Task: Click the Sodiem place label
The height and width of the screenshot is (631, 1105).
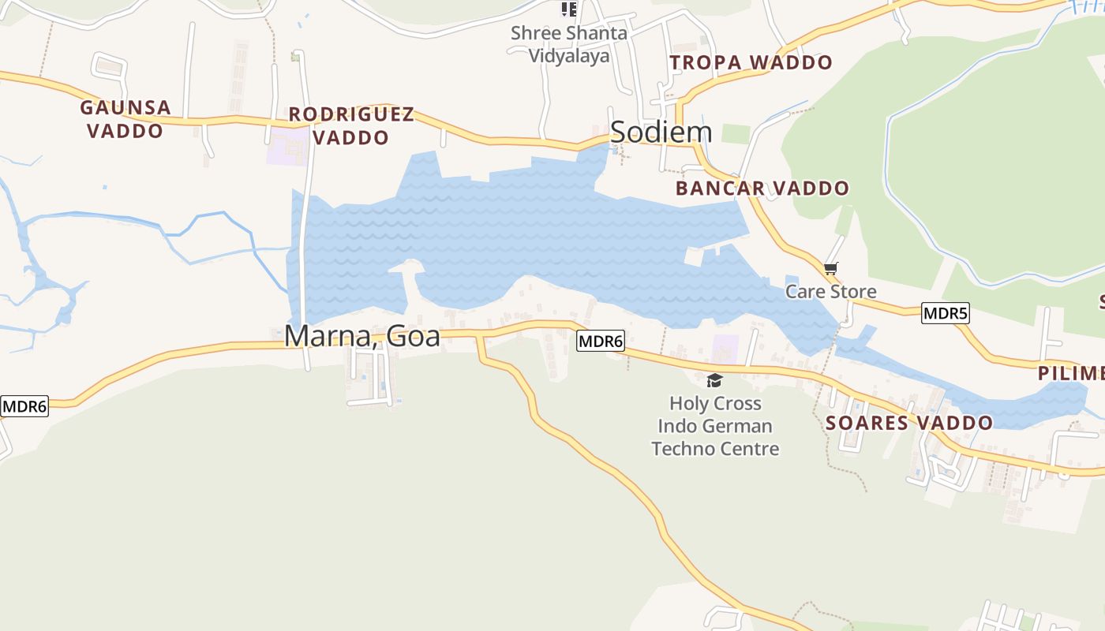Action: pos(661,132)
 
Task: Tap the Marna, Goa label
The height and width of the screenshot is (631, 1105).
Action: pos(361,335)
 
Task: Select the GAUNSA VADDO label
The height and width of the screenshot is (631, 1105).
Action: pos(125,119)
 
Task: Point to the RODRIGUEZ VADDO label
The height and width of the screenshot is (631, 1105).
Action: pos(351,126)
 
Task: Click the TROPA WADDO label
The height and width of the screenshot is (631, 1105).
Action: pos(751,62)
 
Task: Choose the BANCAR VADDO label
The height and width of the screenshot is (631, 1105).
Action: pos(762,189)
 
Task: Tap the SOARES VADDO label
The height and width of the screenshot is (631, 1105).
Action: pos(908,423)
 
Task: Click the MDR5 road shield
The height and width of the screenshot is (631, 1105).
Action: pos(945,313)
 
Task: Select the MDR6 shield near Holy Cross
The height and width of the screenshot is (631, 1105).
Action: pos(601,342)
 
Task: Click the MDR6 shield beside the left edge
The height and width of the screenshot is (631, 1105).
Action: pos(24,407)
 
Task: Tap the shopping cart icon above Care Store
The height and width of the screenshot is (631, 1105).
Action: pos(830,269)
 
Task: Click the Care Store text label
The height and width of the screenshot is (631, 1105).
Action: pos(830,292)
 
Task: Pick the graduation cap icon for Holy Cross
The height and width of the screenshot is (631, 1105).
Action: pos(714,381)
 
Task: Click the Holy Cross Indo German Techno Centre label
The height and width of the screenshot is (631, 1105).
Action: pos(715,426)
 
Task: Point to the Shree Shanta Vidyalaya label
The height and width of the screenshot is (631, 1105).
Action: pos(568,44)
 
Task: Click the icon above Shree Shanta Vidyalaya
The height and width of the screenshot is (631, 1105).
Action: pos(568,9)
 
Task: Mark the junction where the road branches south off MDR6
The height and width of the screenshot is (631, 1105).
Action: pos(480,337)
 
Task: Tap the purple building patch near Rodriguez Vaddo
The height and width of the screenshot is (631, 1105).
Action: pos(287,149)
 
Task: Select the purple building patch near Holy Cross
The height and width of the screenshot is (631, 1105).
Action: pos(725,349)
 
